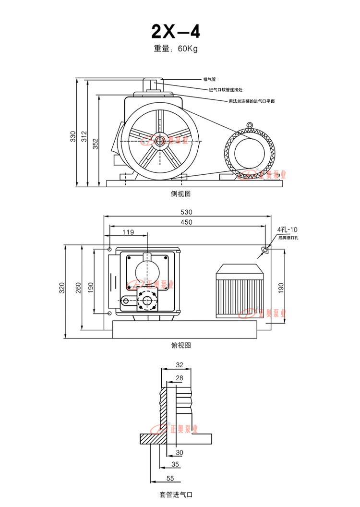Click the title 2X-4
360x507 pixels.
(x=176, y=32)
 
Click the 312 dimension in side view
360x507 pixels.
(x=84, y=136)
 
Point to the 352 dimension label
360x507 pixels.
(x=96, y=144)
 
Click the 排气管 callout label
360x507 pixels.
(x=209, y=79)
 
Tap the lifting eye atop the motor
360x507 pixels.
(x=250, y=125)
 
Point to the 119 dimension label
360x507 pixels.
(x=128, y=232)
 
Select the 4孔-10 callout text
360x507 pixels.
(x=288, y=229)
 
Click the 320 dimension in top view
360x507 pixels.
(x=62, y=288)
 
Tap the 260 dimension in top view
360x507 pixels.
(x=78, y=287)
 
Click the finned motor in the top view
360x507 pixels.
(x=239, y=290)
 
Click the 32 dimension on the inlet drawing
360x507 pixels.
(x=180, y=365)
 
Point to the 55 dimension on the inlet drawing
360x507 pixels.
(x=170, y=478)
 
